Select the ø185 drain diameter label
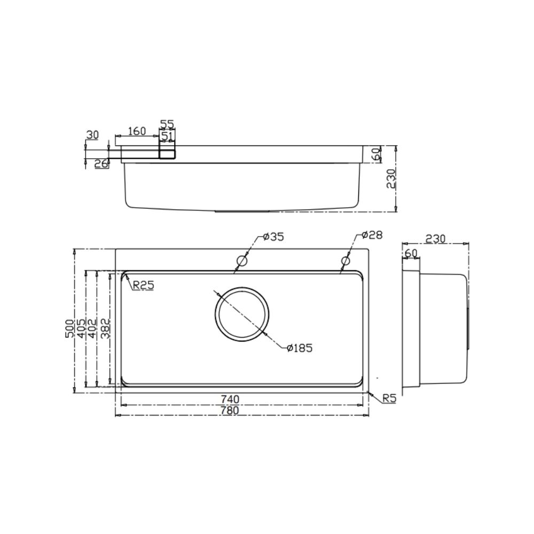pyautogui.click(x=299, y=348)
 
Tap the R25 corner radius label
pyautogui.click(x=143, y=286)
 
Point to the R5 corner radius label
pyautogui.click(x=389, y=398)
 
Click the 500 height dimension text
pyautogui.click(x=68, y=328)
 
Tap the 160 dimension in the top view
pyautogui.click(x=137, y=131)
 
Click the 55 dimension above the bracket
pyautogui.click(x=167, y=124)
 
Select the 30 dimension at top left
pyautogui.click(x=92, y=135)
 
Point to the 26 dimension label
pyautogui.click(x=101, y=164)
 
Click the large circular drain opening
pyautogui.click(x=243, y=314)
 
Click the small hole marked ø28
pyautogui.click(x=345, y=261)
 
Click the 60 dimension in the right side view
pyautogui.click(x=410, y=253)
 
